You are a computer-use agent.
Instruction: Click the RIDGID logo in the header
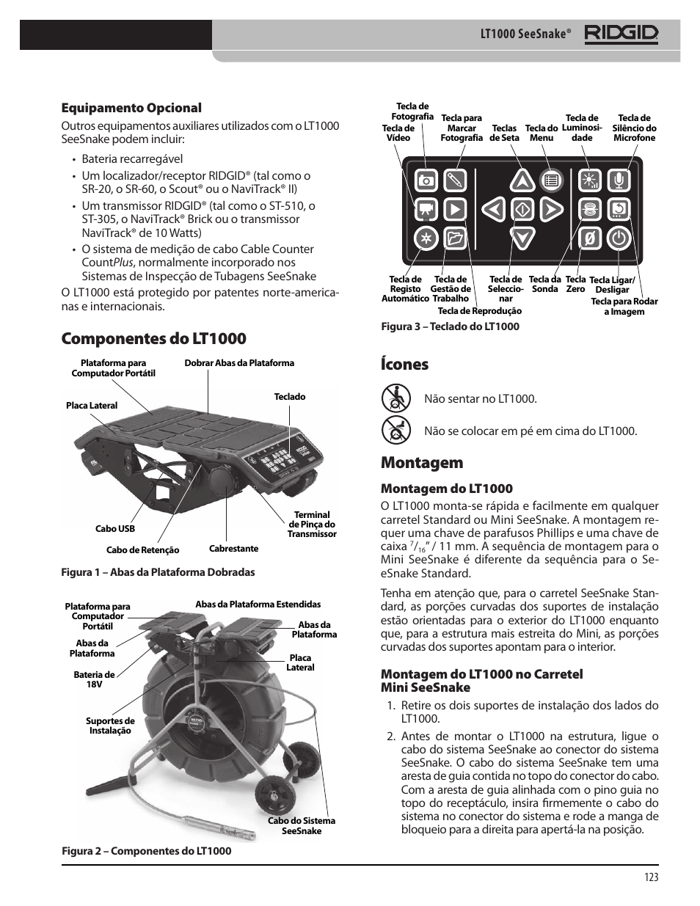tap(621, 34)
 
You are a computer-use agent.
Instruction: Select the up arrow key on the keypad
tap(522, 180)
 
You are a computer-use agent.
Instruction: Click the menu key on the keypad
tap(551, 180)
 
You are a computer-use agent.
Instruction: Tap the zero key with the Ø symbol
tap(588, 238)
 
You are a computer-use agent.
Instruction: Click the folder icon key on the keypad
tap(455, 238)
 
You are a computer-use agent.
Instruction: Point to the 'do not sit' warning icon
tap(395, 399)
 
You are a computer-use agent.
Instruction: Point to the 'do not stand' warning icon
tap(395, 430)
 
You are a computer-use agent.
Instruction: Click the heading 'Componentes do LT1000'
tap(154, 338)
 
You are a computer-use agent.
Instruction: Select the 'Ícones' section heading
tap(404, 364)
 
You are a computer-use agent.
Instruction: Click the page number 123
tap(651, 877)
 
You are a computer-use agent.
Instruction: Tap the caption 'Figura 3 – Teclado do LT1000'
tap(449, 326)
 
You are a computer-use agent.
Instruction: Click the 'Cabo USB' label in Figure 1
tap(115, 528)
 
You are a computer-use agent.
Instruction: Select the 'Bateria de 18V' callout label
tap(94, 679)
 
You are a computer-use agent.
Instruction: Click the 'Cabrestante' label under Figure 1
tap(233, 549)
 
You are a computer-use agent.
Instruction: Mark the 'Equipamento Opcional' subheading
tap(131, 108)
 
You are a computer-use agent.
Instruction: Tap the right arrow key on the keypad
tap(552, 209)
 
